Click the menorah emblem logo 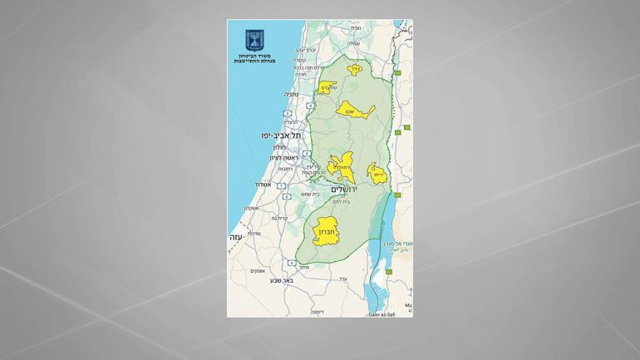(254, 41)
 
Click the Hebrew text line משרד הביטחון (254, 56)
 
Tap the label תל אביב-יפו (281, 135)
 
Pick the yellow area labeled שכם (352, 111)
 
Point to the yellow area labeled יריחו (377, 175)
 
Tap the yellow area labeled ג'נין (355, 70)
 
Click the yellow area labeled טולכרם (327, 87)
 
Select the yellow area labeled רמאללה (342, 166)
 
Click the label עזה (235, 238)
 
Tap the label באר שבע (281, 280)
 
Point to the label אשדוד (263, 185)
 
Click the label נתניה (291, 95)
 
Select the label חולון (279, 147)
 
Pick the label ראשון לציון (283, 158)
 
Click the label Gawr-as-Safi (382, 314)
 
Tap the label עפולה (353, 43)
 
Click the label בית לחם (341, 202)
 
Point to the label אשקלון (251, 208)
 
